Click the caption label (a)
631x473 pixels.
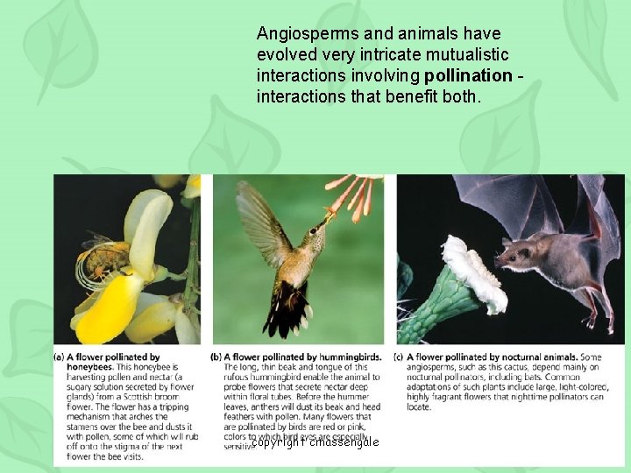(x=60, y=357)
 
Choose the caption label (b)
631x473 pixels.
(x=216, y=357)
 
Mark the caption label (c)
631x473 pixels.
(x=400, y=357)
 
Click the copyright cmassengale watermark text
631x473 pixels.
(x=315, y=442)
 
